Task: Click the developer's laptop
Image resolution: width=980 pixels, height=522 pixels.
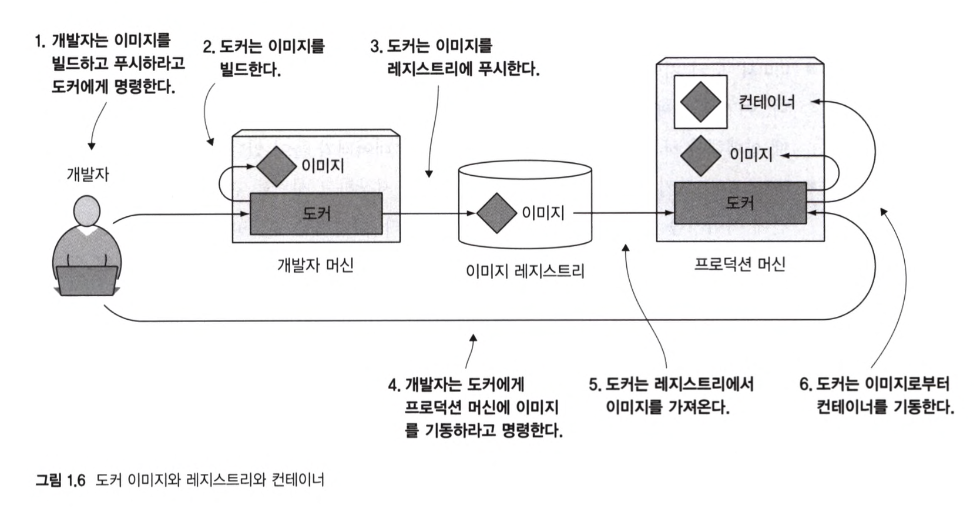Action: tap(87, 280)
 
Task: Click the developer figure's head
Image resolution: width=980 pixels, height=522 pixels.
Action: tap(87, 210)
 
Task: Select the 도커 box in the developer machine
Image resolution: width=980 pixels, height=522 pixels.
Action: tap(316, 213)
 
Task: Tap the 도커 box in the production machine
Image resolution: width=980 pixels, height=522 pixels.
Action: tap(740, 203)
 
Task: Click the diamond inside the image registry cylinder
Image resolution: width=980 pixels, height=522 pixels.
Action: tap(496, 213)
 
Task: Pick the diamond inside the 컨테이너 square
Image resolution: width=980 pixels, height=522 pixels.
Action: tap(700, 102)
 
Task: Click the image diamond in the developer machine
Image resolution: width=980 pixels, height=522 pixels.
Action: tap(276, 166)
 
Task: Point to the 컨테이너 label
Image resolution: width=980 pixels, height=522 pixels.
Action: tap(767, 102)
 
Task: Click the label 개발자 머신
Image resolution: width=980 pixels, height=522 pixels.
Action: tap(315, 265)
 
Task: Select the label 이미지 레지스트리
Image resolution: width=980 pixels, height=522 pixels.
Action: tap(525, 271)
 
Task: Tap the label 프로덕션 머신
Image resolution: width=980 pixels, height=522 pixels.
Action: tap(739, 264)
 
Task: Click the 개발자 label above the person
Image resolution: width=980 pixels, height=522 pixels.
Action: tap(88, 174)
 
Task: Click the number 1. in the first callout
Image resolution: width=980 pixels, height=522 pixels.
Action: tap(40, 41)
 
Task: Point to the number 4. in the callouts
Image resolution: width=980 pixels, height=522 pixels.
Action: tap(394, 386)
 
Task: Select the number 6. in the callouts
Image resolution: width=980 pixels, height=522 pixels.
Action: tap(805, 385)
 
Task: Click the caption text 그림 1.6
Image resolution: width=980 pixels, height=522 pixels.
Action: tap(61, 480)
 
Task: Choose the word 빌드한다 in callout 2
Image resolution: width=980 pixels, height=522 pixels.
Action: tap(250, 70)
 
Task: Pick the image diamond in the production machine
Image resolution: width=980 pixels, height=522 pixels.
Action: tap(700, 155)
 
